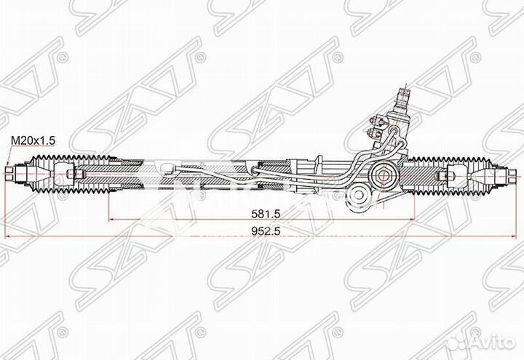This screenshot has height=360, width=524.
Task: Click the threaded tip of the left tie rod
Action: (x=10, y=175)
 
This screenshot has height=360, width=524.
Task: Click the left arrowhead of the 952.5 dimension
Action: (x=7, y=238)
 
